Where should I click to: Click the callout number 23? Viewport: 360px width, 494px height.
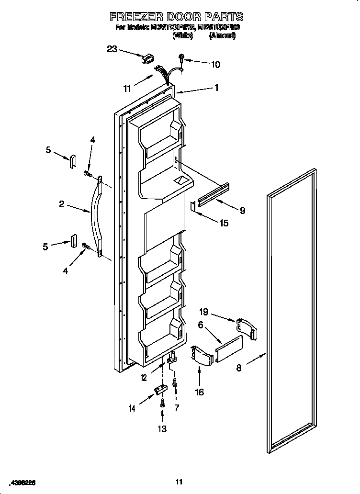point(112,48)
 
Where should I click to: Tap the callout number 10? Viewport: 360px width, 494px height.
point(215,65)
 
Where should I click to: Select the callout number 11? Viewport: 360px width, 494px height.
point(127,89)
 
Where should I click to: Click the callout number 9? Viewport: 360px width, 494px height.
point(242,210)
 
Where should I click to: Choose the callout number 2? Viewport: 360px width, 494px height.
point(62,204)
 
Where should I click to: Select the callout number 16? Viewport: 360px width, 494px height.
point(199,393)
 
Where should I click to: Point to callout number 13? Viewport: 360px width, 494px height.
point(162,428)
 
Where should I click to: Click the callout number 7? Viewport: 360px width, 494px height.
point(177,408)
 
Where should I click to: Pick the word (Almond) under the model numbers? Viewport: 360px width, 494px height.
point(222,36)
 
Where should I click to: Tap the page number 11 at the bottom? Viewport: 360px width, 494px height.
point(180,482)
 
